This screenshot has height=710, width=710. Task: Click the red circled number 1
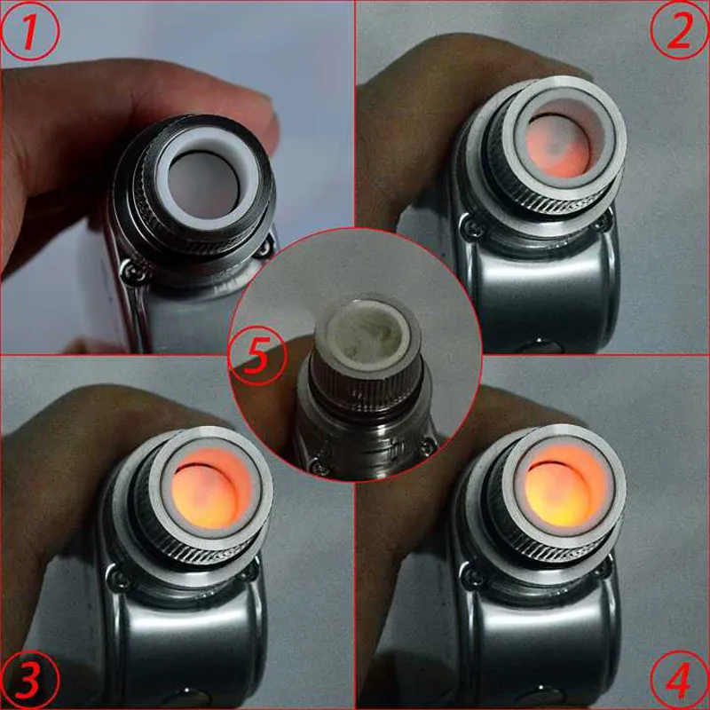[30, 31]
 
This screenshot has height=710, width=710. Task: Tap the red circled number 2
[679, 31]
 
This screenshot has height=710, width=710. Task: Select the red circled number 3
[30, 679]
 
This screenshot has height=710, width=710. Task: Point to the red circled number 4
[679, 679]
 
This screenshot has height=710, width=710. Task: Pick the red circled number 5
[259, 358]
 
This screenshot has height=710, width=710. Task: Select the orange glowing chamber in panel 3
[212, 492]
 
